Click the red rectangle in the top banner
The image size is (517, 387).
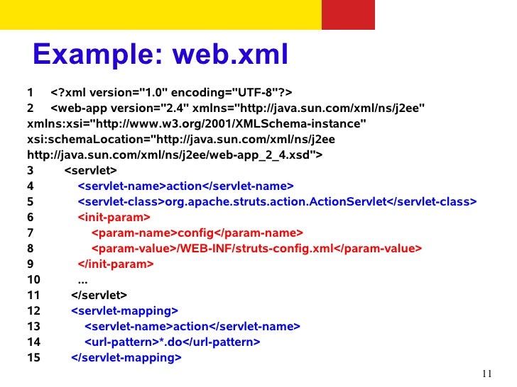[348, 15]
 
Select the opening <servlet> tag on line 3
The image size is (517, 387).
[91, 171]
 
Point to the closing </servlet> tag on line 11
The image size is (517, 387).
[99, 295]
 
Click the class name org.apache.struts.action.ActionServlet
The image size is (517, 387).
[276, 202]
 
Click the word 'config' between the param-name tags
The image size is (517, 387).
[195, 232]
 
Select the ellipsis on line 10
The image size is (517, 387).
[82, 279]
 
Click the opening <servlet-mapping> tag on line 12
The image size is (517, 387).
[124, 310]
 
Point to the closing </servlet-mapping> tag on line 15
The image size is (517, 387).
[126, 357]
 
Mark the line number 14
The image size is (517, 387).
[33, 342]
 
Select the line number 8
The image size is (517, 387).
[31, 248]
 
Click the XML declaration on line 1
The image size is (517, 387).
[172, 93]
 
